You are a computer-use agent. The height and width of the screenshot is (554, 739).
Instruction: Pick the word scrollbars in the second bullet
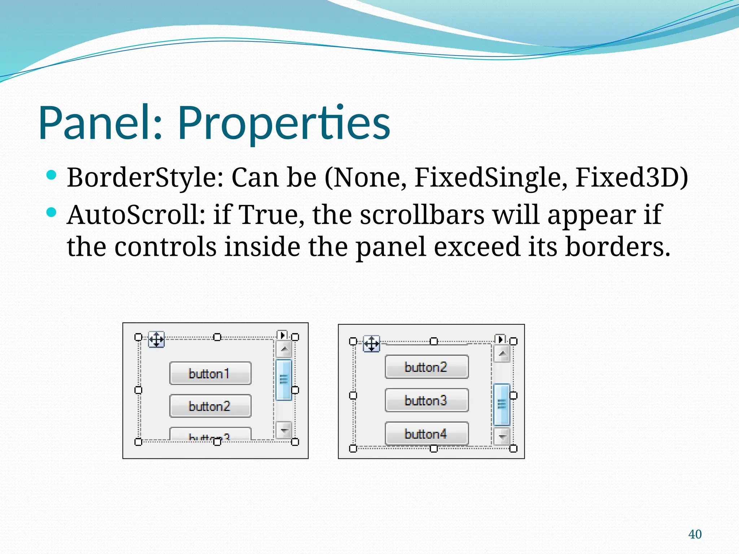pyautogui.click(x=422, y=215)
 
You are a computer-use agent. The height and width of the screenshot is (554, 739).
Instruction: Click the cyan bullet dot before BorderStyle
pyautogui.click(x=52, y=176)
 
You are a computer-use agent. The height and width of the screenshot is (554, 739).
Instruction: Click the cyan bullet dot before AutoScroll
pyautogui.click(x=52, y=212)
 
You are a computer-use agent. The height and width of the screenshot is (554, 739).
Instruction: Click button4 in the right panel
pyautogui.click(x=426, y=434)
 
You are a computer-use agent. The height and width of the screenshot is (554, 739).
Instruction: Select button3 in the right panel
pyautogui.click(x=426, y=400)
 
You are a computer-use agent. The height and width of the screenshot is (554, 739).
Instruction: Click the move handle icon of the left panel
pyautogui.click(x=156, y=339)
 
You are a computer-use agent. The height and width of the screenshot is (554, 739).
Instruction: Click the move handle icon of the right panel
pyautogui.click(x=371, y=344)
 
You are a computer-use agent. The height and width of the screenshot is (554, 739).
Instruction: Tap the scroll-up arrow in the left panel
pyautogui.click(x=284, y=349)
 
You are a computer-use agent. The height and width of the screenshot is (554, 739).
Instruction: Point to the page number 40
pyautogui.click(x=695, y=534)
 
